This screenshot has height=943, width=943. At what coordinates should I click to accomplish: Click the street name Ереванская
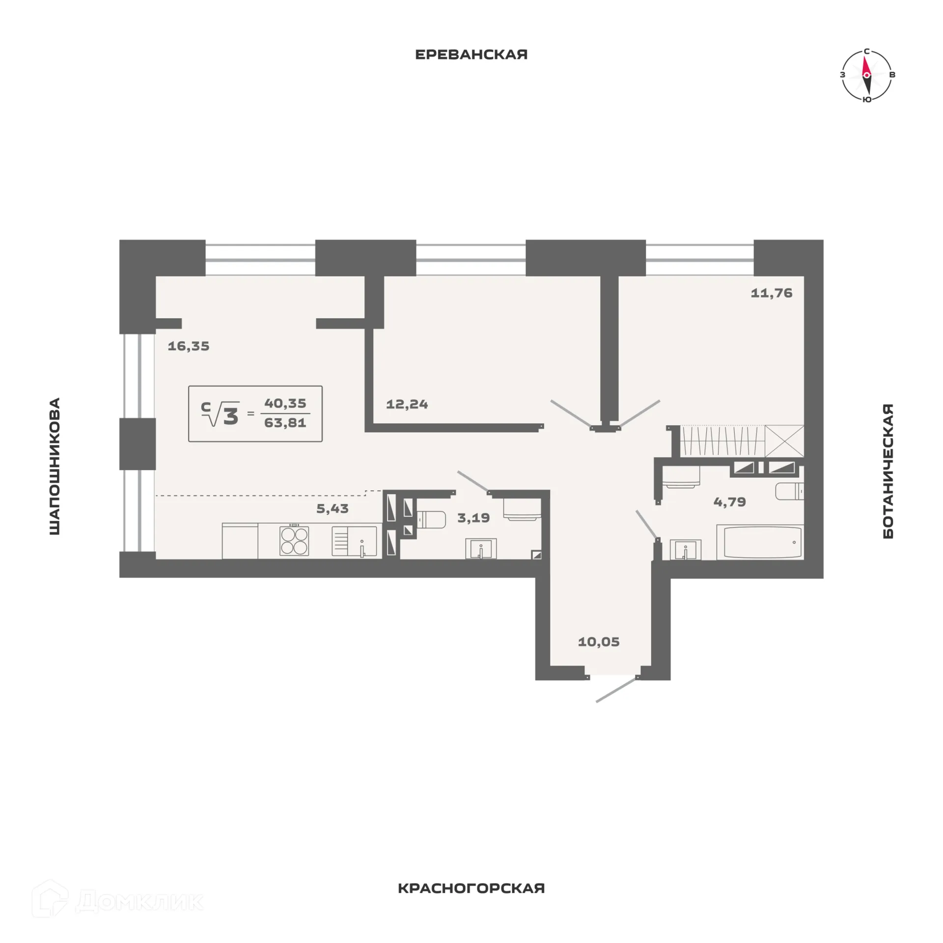(471, 54)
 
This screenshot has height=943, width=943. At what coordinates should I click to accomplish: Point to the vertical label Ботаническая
(888, 471)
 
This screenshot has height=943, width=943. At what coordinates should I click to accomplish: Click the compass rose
(867, 75)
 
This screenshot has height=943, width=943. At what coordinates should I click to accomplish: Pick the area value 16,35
(189, 346)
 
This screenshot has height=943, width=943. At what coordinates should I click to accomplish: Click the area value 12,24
(407, 404)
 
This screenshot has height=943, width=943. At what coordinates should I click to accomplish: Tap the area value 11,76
(771, 293)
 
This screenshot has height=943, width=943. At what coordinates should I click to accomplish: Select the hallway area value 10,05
(598, 641)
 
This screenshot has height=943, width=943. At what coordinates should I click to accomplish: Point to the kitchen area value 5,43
(332, 508)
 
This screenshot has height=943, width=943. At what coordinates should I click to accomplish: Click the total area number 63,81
(285, 423)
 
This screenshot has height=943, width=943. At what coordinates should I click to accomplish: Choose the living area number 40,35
(285, 403)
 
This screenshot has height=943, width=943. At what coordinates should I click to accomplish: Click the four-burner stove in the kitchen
(294, 540)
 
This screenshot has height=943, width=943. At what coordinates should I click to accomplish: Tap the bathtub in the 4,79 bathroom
(759, 542)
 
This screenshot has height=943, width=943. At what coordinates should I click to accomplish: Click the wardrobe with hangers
(722, 441)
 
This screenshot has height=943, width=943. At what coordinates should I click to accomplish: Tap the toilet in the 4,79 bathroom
(790, 491)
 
